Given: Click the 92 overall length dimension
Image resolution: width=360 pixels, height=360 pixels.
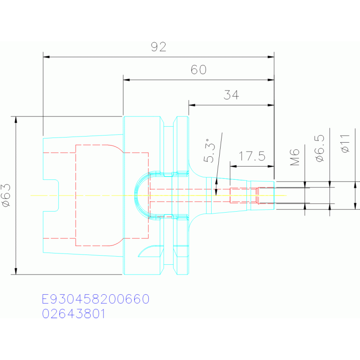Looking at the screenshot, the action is (x=159, y=47).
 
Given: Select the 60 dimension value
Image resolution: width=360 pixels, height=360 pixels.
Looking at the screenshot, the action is (x=199, y=69).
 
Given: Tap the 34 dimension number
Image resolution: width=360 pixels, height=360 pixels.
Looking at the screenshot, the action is (x=231, y=95).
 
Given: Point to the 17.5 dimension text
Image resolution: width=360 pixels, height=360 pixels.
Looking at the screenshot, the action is (x=252, y=156).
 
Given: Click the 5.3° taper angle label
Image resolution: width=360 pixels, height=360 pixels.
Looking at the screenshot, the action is (x=210, y=151).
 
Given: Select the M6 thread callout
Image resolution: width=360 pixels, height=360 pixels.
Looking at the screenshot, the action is (x=295, y=157).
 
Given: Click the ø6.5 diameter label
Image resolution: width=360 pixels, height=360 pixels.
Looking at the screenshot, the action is (x=319, y=148).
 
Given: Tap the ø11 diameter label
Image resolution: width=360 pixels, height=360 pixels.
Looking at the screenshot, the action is (x=345, y=144).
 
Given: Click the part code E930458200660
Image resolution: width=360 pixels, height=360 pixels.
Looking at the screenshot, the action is (x=96, y=299).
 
